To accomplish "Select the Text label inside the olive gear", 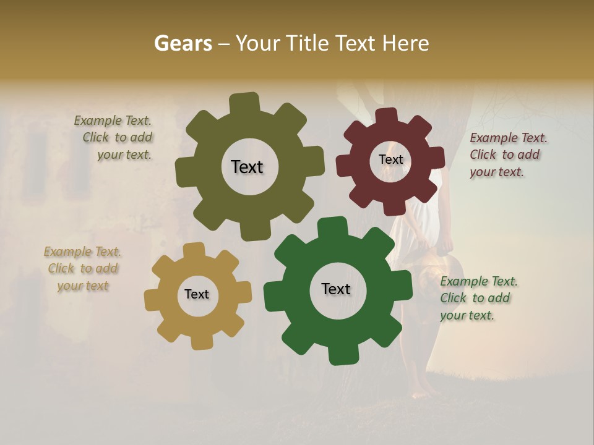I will tap(247, 167).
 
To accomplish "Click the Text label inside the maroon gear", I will tap(390, 159).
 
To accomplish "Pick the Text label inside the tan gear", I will tap(197, 294).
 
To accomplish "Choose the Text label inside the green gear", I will tap(336, 289).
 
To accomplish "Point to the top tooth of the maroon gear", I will tap(386, 116).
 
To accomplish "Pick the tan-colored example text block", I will tap(83, 268).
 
